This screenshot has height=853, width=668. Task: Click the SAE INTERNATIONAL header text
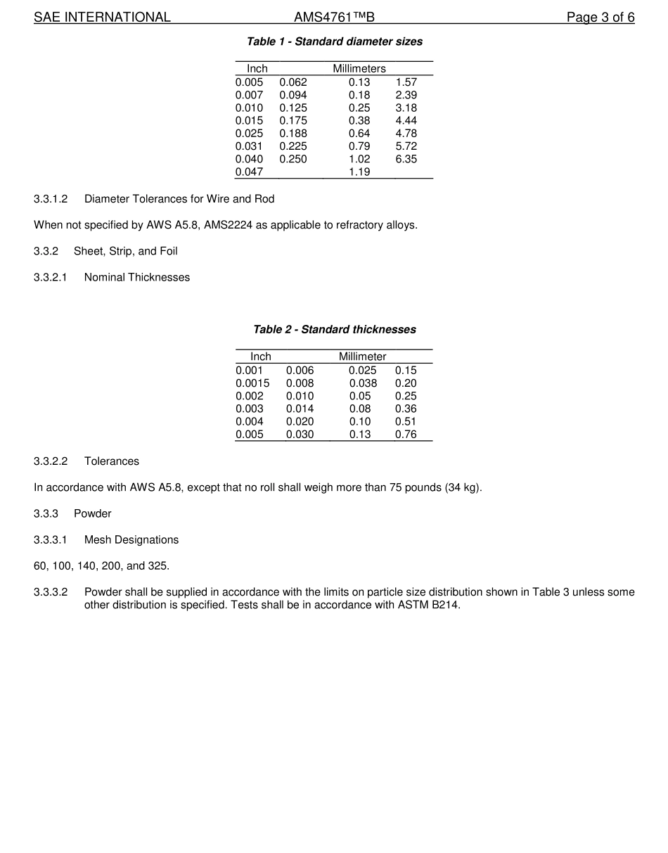click(x=102, y=18)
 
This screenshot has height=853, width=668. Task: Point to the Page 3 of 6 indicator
click(x=600, y=18)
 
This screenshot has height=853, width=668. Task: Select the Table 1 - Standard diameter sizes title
click(x=334, y=41)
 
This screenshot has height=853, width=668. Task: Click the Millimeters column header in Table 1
click(x=359, y=69)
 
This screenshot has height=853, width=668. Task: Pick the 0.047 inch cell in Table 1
click(x=249, y=172)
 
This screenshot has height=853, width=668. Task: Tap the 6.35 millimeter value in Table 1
click(x=406, y=159)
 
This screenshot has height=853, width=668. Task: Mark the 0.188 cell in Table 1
click(x=293, y=134)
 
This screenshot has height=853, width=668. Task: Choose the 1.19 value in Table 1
click(x=359, y=172)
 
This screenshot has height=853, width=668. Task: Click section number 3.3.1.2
click(x=51, y=199)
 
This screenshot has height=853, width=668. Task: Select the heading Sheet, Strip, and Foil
click(x=125, y=251)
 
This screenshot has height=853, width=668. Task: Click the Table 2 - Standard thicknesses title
click(x=334, y=330)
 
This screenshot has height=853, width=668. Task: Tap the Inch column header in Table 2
click(x=260, y=357)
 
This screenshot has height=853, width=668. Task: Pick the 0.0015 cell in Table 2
click(x=252, y=383)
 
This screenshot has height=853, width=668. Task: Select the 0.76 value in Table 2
click(x=406, y=435)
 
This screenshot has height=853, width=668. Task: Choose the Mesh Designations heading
click(x=131, y=540)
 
